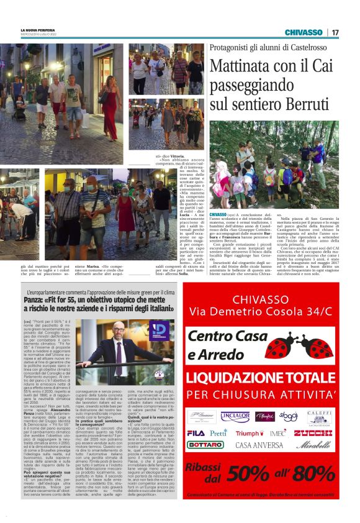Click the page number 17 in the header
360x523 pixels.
(335, 32)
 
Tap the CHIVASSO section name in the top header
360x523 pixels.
(304, 32)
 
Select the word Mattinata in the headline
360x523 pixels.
(239, 66)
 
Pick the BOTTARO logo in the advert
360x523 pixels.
(205, 462)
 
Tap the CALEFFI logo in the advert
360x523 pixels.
(318, 414)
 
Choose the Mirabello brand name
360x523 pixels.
(313, 463)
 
